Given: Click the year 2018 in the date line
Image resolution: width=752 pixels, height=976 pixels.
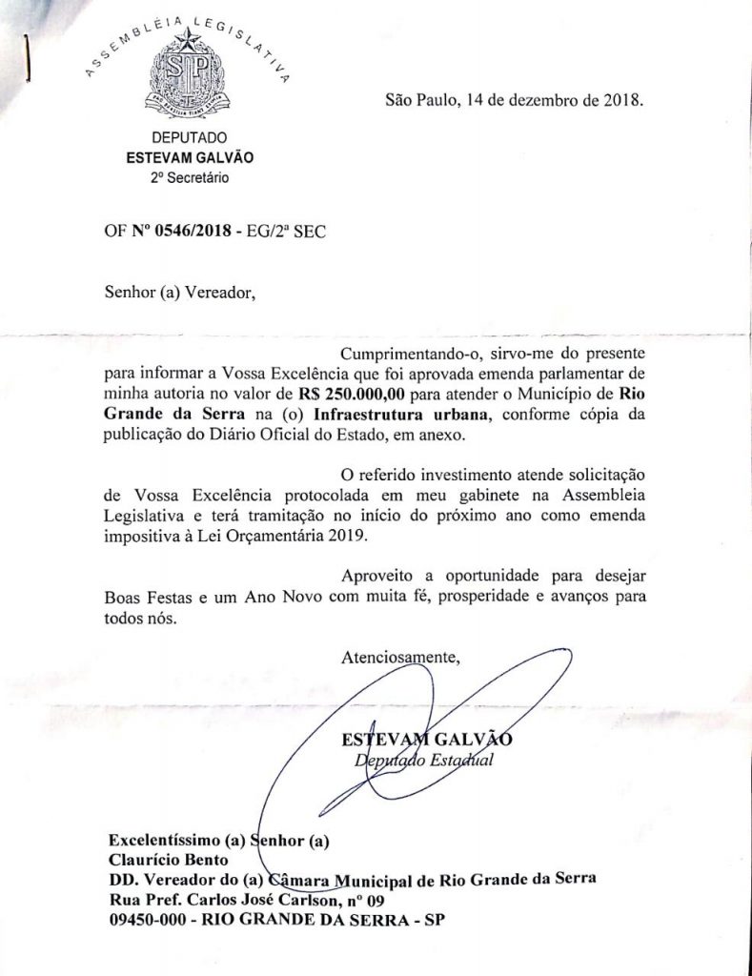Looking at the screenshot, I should tap(623, 98).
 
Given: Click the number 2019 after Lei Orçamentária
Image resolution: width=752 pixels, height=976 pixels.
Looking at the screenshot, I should tap(344, 536).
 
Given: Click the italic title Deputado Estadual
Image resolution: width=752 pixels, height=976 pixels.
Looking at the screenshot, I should tap(419, 761).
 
